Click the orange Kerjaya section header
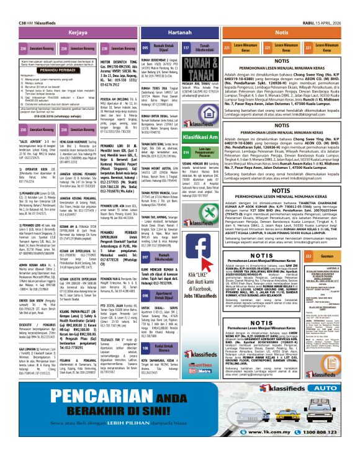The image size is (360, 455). coord(78,32)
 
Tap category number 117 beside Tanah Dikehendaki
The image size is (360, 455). coord(186,47)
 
